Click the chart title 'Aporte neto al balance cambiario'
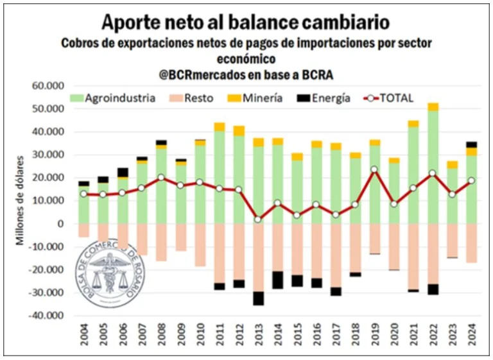click(246, 22)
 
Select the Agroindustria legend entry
click(113, 98)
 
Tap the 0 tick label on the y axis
click(63, 224)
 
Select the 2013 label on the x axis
click(259, 339)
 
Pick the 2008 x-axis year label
click(162, 339)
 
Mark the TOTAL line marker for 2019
click(374, 169)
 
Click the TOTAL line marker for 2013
click(258, 219)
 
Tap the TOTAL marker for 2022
click(433, 173)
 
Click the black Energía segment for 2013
click(258, 298)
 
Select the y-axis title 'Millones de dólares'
click(20, 200)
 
